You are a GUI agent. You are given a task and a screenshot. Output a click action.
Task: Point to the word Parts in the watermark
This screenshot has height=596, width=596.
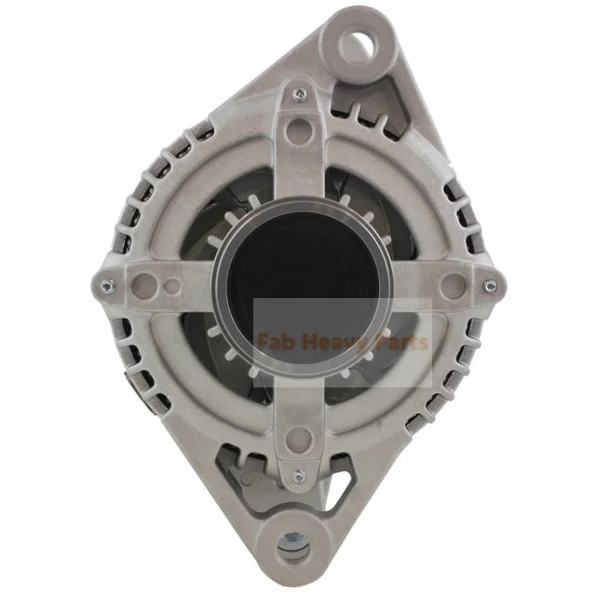399,343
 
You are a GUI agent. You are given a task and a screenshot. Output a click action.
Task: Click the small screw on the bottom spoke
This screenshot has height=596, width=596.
298,477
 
